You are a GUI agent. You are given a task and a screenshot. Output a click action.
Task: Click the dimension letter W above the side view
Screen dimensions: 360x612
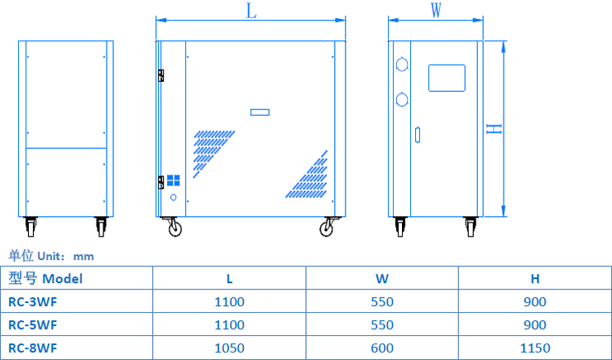pos(436,10)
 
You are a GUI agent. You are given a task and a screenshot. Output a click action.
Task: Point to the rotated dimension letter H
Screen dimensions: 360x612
pos(493,129)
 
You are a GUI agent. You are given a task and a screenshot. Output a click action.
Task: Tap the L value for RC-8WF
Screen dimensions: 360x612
pos(229,348)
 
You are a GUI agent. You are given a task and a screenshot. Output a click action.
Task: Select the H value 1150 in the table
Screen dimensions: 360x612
pos(535,348)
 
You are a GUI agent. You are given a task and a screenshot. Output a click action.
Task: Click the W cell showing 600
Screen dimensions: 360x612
pos(382,348)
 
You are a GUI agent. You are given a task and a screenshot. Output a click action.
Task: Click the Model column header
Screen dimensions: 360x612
pos(45,278)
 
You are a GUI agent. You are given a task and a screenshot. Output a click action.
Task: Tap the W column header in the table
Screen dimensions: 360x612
pos(382,279)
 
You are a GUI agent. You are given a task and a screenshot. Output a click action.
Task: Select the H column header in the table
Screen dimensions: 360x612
pos(535,279)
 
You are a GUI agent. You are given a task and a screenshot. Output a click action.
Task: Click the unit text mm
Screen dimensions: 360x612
pos(84,257)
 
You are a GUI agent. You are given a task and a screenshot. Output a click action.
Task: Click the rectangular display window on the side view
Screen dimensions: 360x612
pos(447,77)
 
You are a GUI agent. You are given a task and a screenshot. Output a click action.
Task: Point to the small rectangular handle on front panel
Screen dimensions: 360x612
pos(261,112)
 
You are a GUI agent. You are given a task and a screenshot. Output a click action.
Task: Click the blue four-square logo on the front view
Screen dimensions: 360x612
pos(174,180)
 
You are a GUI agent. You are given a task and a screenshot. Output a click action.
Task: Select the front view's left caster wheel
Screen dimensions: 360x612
pos(175,228)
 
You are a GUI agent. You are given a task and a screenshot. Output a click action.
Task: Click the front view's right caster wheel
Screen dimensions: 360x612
pos(328,228)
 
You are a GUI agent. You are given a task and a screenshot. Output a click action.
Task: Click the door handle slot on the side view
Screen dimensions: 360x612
pos(418,133)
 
